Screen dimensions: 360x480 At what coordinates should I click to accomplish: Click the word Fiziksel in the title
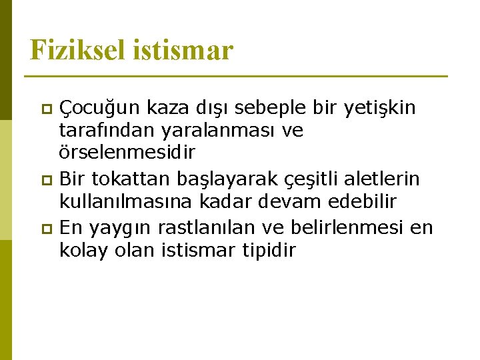73,51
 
